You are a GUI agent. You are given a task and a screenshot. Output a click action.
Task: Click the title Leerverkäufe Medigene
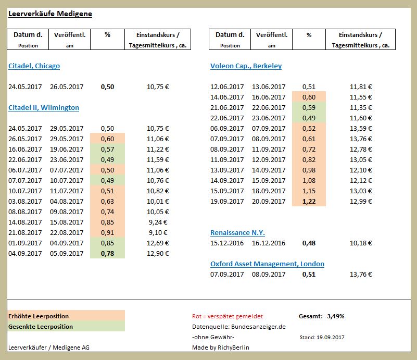pyautogui.click(x=50, y=14)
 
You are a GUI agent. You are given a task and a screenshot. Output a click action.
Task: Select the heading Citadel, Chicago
pyautogui.click(x=34, y=66)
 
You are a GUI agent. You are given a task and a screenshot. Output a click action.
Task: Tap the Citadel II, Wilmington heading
pyautogui.click(x=44, y=108)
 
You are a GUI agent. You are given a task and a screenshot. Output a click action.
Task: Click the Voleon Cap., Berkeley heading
pyautogui.click(x=246, y=66)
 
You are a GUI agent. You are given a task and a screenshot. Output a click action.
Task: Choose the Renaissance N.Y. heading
pyautogui.click(x=237, y=233)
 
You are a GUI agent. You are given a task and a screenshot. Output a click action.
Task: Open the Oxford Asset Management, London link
pyautogui.click(x=267, y=264)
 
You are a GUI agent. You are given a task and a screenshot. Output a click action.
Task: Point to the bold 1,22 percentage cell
pyautogui.click(x=309, y=202)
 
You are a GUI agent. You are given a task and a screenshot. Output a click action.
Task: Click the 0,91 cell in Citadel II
pyautogui.click(x=107, y=233)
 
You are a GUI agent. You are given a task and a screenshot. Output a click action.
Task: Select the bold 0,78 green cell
pyautogui.click(x=107, y=254)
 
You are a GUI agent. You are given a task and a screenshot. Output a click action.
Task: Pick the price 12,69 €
pyautogui.click(x=158, y=243)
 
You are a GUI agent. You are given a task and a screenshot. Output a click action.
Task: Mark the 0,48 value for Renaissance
pyautogui.click(x=309, y=243)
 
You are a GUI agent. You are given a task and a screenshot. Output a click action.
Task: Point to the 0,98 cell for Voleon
pyautogui.click(x=309, y=170)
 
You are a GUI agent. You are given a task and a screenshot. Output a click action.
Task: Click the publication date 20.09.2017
pyautogui.click(x=269, y=202)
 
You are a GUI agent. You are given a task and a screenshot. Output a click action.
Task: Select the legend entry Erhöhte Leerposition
pyautogui.click(x=39, y=316)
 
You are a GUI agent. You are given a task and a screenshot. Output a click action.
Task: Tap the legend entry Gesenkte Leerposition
pyautogui.click(x=41, y=327)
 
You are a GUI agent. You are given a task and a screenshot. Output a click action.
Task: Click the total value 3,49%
pyautogui.click(x=335, y=316)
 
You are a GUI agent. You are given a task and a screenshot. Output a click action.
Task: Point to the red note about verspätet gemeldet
pyautogui.click(x=227, y=316)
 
